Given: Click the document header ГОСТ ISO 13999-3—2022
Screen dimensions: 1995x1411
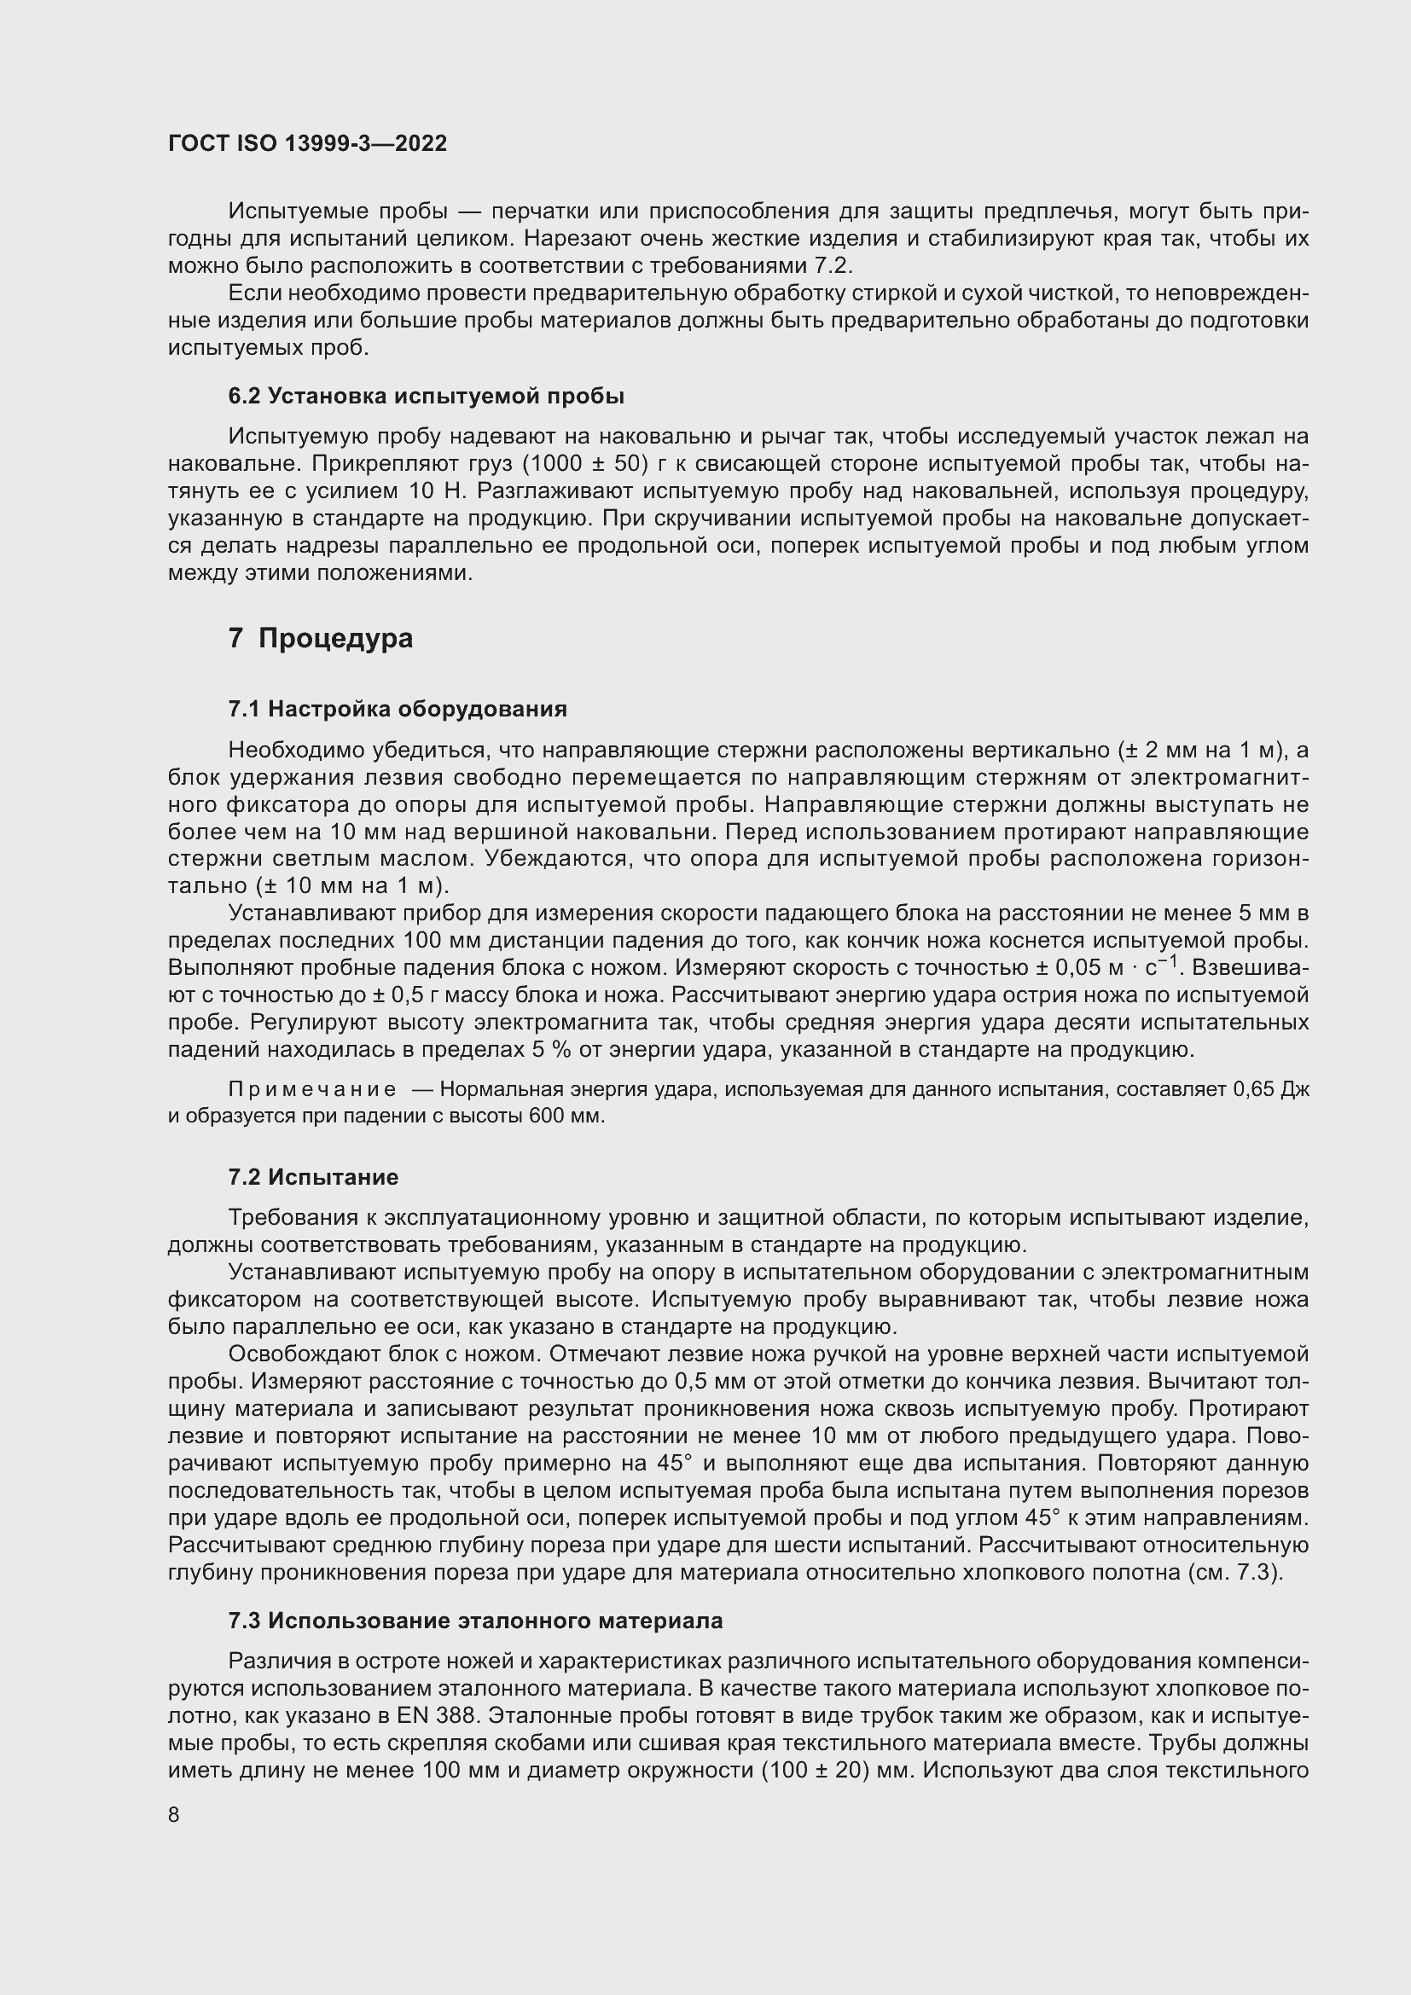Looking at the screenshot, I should pos(308,143).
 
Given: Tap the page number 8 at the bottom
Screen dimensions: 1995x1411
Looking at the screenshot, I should pos(174,1815).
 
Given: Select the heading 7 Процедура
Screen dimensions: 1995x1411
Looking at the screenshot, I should pos(321,639).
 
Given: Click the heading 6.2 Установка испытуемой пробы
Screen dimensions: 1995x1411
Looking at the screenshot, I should pos(426,397).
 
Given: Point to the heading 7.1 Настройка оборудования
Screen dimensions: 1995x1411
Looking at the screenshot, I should pos(397,709).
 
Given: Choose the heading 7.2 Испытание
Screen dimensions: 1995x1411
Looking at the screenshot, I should pos(313,1177).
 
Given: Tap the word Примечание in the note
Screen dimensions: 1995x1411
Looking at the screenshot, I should pos(312,1089).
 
